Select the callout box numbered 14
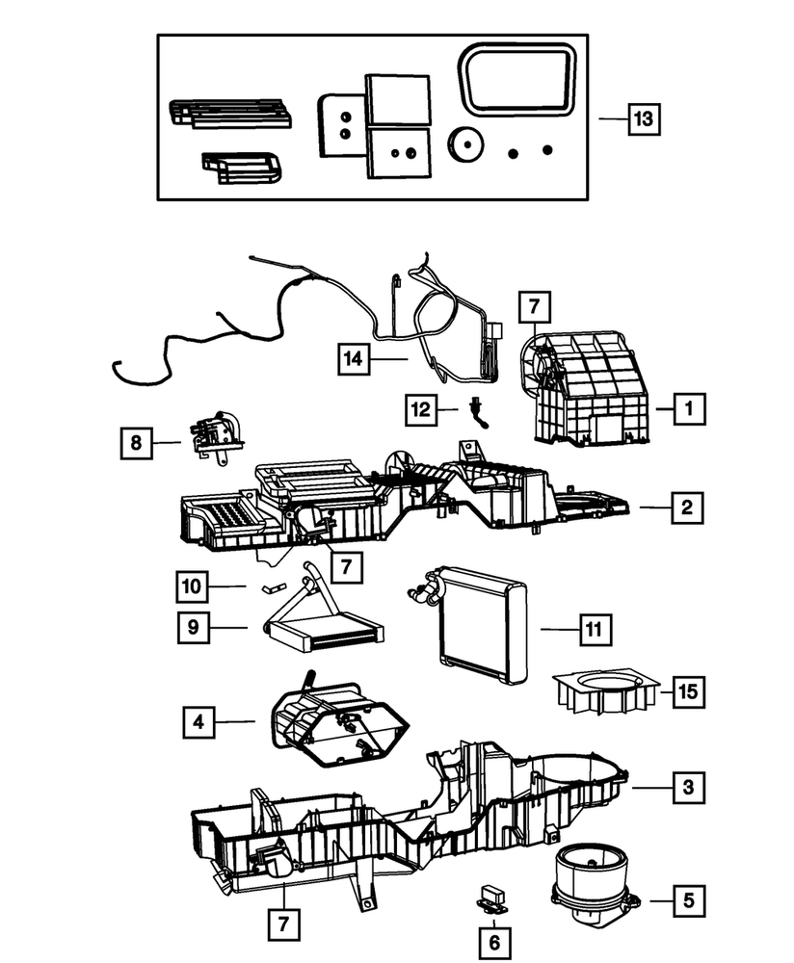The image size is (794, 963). pos(354,359)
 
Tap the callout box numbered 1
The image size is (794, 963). pos(688,408)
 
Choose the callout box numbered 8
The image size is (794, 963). pos(137,443)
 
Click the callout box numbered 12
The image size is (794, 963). pos(420,409)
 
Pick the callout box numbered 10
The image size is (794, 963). pos(193,585)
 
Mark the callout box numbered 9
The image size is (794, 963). pos(193,627)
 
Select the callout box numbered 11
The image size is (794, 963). pos(595,630)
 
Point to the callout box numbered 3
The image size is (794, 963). pos(688,788)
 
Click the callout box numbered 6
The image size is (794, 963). pos(494,941)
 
